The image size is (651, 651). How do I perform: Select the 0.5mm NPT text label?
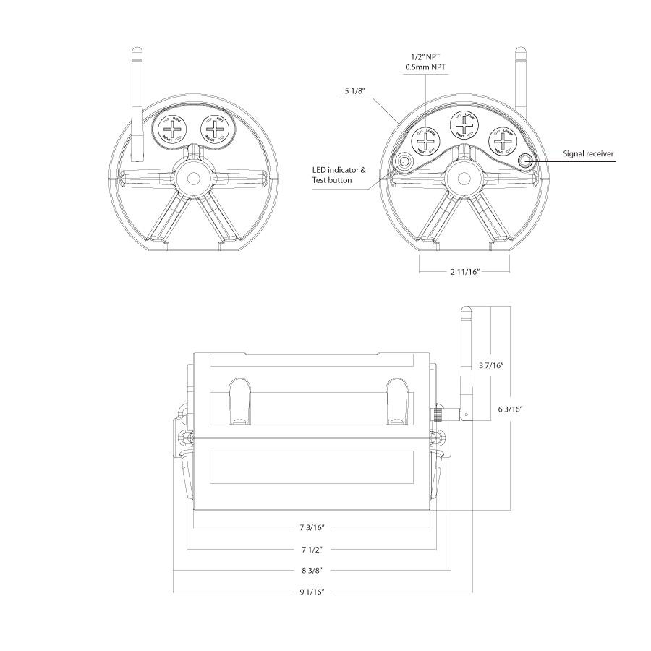425,67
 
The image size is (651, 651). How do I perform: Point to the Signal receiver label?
589,154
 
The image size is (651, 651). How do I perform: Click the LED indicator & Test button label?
339,174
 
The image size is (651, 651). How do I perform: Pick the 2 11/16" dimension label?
464,272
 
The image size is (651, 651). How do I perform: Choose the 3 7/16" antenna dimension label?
490,366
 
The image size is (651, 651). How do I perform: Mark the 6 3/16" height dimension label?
511,409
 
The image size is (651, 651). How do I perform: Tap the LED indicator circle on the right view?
404,161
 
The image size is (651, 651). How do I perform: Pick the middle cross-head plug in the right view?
464,125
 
